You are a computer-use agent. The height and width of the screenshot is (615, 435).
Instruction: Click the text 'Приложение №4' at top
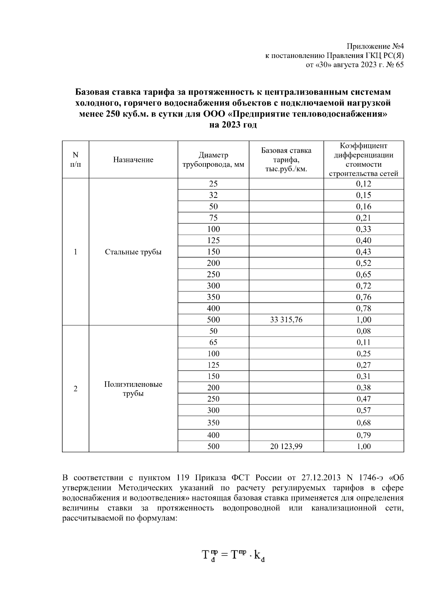click(375, 46)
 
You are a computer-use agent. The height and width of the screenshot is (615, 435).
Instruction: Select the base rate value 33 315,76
click(286, 320)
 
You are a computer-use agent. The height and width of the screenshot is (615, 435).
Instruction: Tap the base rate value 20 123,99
click(286, 446)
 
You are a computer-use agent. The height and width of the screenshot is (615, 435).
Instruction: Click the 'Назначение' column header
click(133, 160)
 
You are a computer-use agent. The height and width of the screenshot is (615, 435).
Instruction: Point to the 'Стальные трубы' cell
click(133, 252)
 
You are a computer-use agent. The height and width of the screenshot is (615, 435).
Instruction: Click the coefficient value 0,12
click(364, 184)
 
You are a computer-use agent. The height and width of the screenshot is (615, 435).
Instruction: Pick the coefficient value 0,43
click(364, 252)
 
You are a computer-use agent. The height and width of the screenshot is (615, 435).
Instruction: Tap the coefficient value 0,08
click(364, 331)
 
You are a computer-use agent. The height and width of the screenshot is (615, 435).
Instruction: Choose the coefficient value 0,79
click(364, 435)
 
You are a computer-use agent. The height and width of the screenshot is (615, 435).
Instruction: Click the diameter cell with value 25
click(213, 184)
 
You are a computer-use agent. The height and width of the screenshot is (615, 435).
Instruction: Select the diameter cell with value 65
click(213, 342)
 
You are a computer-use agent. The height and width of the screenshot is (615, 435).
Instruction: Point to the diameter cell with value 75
click(213, 218)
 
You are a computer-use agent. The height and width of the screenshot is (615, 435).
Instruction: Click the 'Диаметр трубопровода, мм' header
click(213, 160)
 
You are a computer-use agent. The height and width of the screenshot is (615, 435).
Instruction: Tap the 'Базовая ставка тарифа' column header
click(286, 160)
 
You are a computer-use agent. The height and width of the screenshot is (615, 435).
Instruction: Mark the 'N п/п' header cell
click(75, 160)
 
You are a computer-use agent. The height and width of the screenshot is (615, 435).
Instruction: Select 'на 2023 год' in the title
click(233, 125)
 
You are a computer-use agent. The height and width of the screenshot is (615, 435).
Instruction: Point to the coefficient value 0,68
click(364, 423)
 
